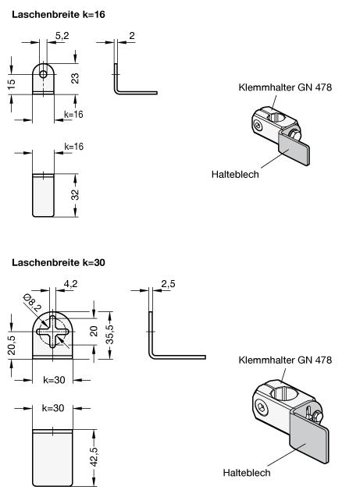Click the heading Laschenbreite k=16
(x=59, y=15)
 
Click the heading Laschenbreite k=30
(x=59, y=263)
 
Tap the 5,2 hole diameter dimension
(x=62, y=36)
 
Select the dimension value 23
(x=75, y=79)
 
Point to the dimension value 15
(x=11, y=84)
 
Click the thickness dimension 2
(x=132, y=36)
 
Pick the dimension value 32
(x=75, y=195)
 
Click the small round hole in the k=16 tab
(x=43, y=75)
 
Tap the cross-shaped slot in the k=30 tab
(x=53, y=332)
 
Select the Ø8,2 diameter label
(x=33, y=303)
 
